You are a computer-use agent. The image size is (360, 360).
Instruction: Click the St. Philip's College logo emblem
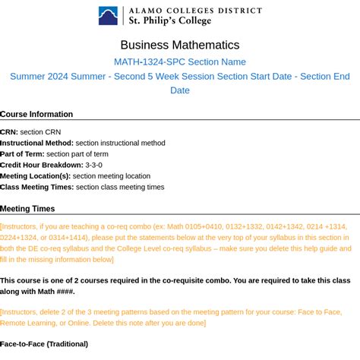108,16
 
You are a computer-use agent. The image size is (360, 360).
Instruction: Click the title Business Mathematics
180,45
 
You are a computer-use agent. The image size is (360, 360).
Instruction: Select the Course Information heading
36,114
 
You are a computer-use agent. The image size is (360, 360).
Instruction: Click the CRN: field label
9,132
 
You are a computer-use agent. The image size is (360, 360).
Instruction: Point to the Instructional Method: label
37,143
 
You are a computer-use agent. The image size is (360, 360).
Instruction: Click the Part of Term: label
22,153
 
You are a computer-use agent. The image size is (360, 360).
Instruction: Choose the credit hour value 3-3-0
93,165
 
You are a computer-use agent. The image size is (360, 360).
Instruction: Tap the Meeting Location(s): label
35,175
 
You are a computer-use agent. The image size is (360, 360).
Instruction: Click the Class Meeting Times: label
37,187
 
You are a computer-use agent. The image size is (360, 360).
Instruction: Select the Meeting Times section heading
27,209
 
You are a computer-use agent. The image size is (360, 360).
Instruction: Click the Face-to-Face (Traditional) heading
44,344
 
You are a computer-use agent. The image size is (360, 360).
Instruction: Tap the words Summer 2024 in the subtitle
39,76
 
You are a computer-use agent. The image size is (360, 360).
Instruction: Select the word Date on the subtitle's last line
180,90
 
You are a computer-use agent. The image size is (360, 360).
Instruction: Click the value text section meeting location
112,175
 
